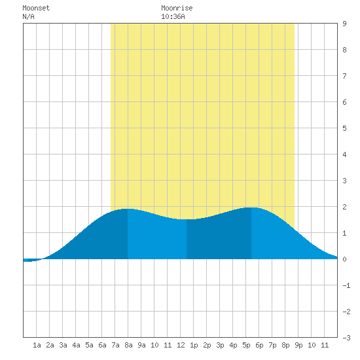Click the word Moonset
[x=36, y=8]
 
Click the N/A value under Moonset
[x=28, y=16]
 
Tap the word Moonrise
[x=177, y=8]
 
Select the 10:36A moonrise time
[x=173, y=16]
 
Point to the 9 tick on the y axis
[x=344, y=24]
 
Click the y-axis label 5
[x=344, y=128]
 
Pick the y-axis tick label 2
[x=344, y=207]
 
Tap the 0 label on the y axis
[x=344, y=259]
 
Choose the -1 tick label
[x=346, y=285]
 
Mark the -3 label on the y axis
[x=346, y=338]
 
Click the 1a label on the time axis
[x=37, y=345]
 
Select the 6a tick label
[x=102, y=345]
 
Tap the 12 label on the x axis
[x=181, y=345]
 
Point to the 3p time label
[x=220, y=345]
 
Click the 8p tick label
[x=285, y=345]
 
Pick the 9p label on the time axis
[x=298, y=345]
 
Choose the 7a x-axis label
[x=115, y=345]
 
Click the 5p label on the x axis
[x=246, y=345]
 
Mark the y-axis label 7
[x=344, y=76]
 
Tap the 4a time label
[x=76, y=345]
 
